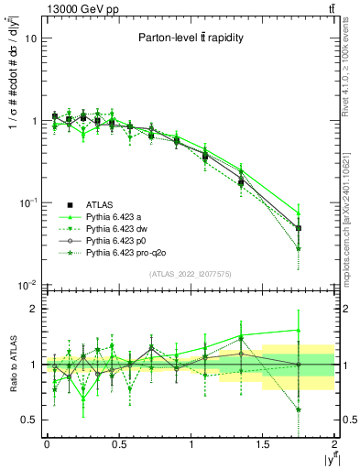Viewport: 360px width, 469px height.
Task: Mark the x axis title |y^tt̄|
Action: click(x=324, y=457)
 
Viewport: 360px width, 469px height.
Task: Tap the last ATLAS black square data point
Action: click(x=300, y=228)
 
